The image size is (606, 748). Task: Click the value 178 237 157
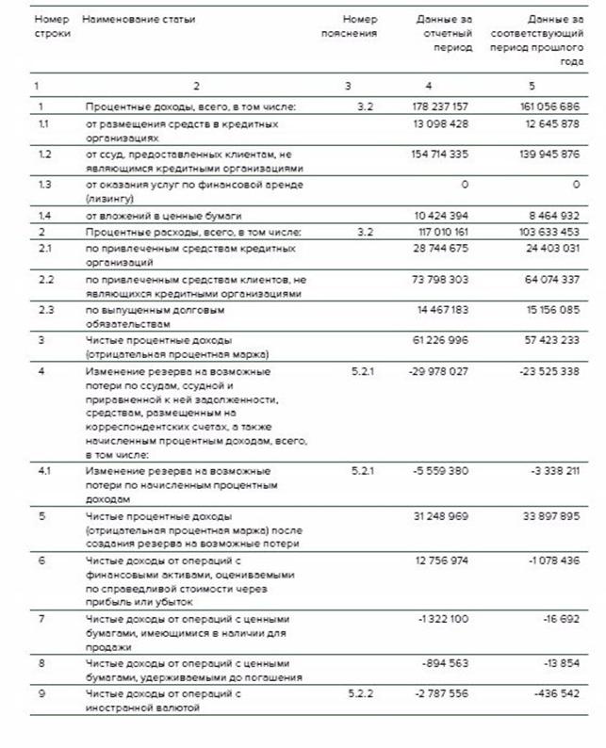click(x=439, y=107)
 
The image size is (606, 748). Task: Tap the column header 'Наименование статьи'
click(x=139, y=19)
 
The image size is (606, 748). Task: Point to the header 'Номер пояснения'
click(x=360, y=26)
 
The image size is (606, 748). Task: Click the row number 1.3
click(x=44, y=185)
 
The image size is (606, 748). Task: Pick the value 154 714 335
click(x=439, y=154)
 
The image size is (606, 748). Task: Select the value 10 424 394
click(x=441, y=216)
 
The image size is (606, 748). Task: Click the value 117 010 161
click(x=440, y=232)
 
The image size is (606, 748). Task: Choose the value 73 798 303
click(x=440, y=279)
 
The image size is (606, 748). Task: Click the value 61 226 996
click(x=441, y=340)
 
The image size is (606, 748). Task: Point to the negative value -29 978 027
click(x=439, y=371)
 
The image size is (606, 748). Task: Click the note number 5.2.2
click(x=360, y=693)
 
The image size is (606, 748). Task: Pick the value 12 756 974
click(x=440, y=562)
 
